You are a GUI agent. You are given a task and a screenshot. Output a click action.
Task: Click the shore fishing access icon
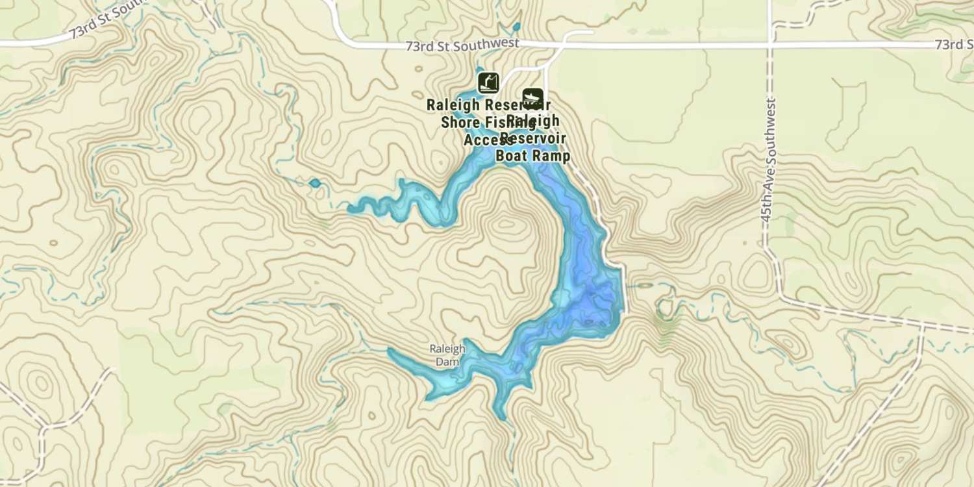(488, 82)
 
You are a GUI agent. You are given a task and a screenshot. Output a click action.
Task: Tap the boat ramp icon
(532, 98)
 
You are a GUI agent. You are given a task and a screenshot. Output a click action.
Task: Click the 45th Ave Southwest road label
(769, 160)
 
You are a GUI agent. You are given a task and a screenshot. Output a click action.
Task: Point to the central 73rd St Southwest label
(462, 45)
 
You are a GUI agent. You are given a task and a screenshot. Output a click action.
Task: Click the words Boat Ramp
(532, 156)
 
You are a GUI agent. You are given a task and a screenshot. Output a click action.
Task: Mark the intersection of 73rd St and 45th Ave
(770, 45)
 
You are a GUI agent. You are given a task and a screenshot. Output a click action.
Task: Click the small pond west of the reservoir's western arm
(315, 183)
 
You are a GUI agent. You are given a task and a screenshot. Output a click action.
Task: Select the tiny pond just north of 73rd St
(516, 27)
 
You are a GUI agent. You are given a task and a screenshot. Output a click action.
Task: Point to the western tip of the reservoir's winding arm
(351, 209)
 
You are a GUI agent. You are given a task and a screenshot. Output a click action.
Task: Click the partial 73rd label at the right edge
(955, 44)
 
